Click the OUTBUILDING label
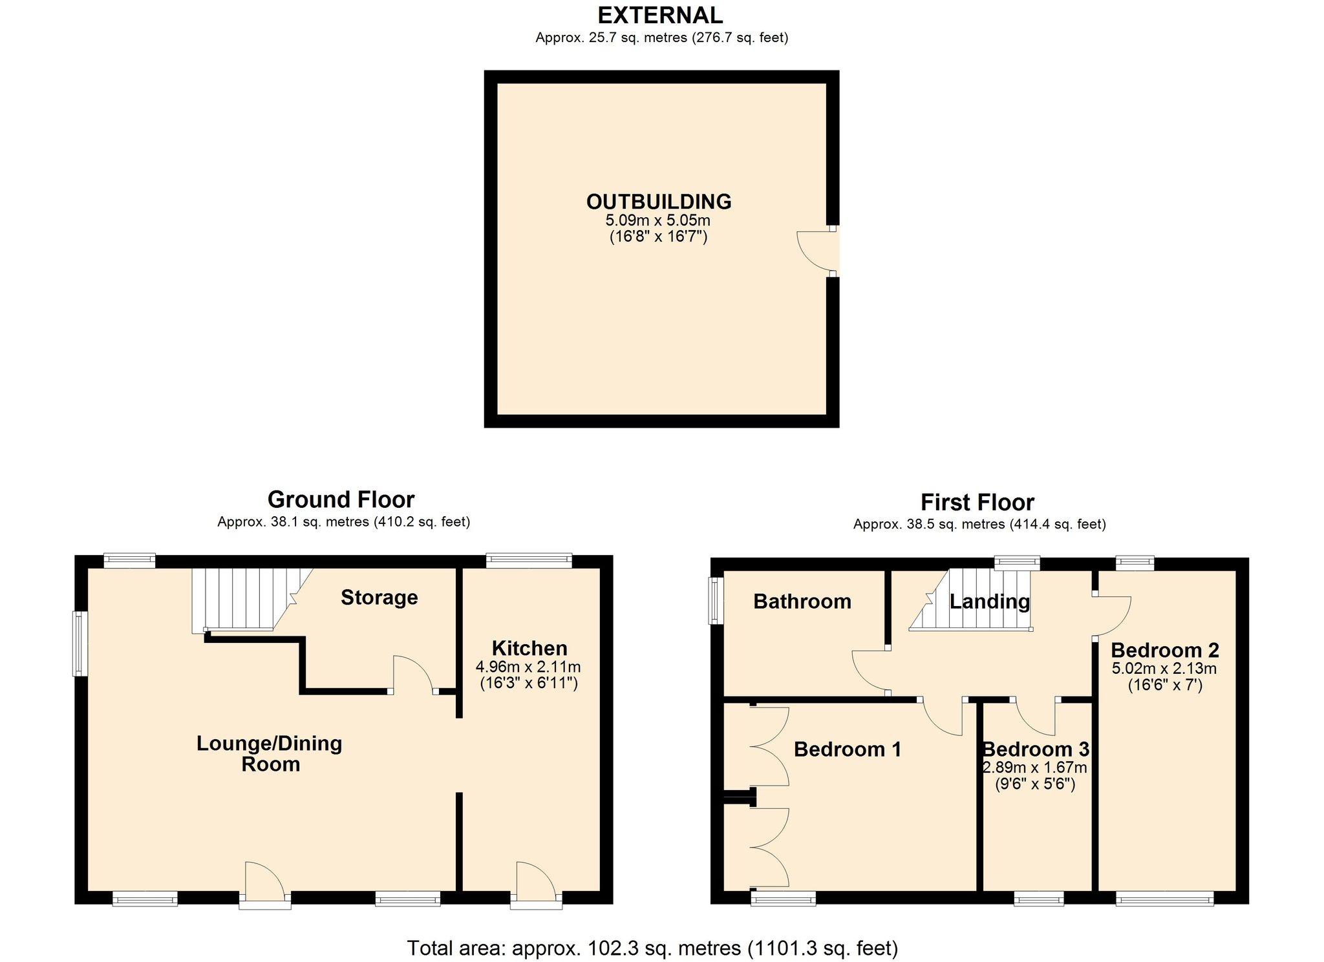[659, 202]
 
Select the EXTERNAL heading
[660, 15]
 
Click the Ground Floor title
[341, 499]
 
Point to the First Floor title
[977, 502]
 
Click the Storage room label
[379, 598]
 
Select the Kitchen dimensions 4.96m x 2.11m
[528, 666]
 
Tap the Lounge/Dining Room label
[270, 753]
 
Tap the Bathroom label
[802, 601]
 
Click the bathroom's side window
[716, 601]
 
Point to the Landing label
[989, 602]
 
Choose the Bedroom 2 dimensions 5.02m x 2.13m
[1164, 668]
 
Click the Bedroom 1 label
[848, 749]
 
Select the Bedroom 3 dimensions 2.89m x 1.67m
[1034, 768]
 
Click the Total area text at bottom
[652, 948]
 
